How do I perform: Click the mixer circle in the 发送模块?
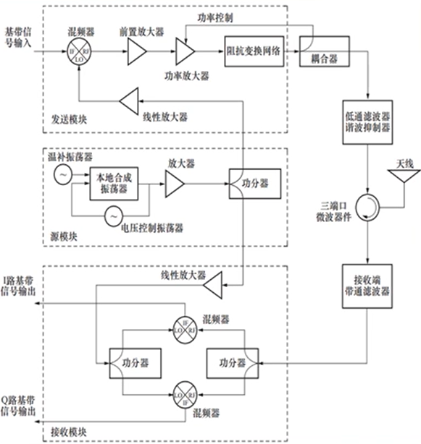[79, 54]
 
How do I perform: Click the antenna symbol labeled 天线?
[403, 178]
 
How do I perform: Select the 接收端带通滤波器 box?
[367, 286]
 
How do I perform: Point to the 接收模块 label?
[71, 431]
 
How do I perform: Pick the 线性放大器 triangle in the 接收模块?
[212, 289]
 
